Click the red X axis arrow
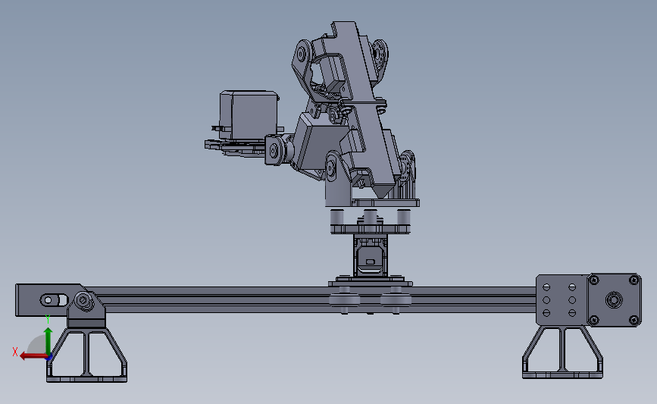click(29, 355)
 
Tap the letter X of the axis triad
click(15, 351)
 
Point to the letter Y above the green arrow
click(48, 319)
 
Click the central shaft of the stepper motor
click(612, 300)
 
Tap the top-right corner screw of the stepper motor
click(630, 281)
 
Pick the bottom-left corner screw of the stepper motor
click(593, 320)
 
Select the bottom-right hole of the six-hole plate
click(570, 314)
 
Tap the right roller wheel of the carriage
click(395, 300)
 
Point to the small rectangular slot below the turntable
click(370, 262)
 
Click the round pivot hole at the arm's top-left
click(302, 54)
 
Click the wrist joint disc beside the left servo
click(274, 149)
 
